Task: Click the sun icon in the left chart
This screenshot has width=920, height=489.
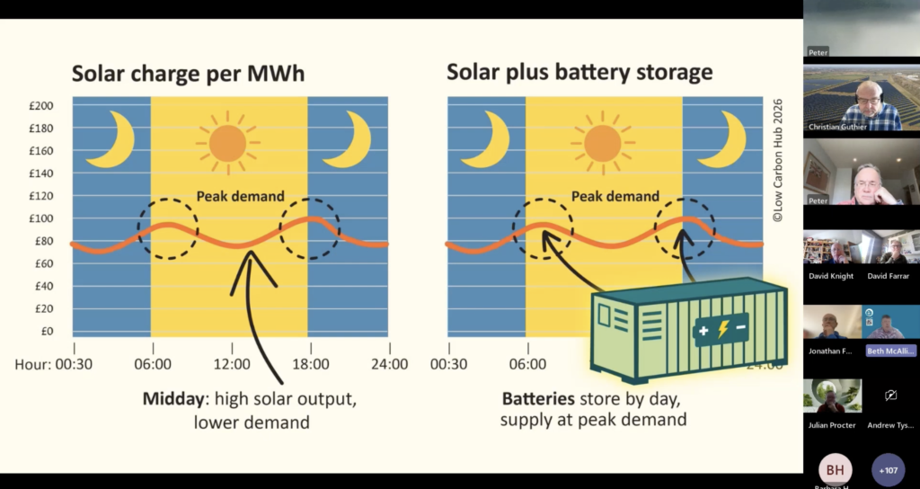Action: (227, 142)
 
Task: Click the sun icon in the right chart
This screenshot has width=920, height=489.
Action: (602, 142)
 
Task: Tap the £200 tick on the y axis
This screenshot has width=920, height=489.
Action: (41, 106)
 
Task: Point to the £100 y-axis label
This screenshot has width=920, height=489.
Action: (41, 218)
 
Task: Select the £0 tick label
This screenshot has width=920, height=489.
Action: (47, 331)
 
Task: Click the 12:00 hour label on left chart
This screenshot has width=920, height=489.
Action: (232, 365)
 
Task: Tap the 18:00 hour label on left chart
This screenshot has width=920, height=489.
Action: (309, 365)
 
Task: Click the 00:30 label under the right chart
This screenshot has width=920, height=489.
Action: (449, 365)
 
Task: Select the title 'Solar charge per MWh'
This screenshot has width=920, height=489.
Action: (189, 74)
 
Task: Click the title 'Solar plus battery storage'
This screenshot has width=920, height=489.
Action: (579, 72)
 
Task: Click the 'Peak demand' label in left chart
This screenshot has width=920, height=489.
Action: (240, 196)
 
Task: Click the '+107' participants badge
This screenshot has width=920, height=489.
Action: (889, 469)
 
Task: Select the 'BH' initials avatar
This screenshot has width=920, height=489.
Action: (835, 469)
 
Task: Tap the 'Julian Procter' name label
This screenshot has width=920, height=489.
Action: (831, 425)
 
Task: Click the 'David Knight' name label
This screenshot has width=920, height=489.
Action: (831, 276)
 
